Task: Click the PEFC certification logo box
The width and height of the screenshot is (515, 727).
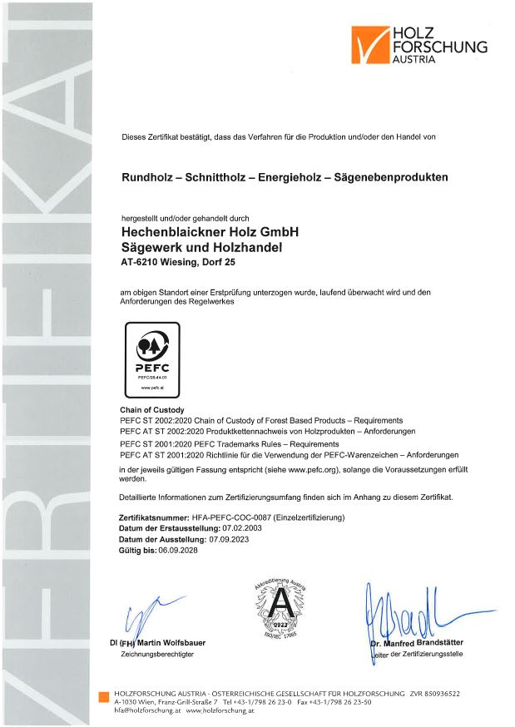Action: point(151,359)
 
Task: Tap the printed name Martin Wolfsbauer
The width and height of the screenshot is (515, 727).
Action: point(171,643)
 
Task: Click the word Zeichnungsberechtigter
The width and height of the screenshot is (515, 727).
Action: point(157,655)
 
